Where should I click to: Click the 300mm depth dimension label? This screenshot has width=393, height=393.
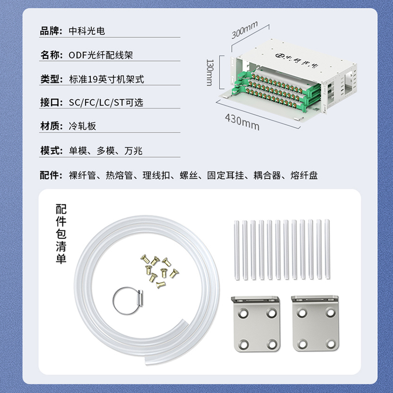(244, 30)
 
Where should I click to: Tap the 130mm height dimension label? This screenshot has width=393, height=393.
(210, 73)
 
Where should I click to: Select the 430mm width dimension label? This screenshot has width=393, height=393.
(242, 122)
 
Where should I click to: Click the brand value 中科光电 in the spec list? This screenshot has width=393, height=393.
(87, 31)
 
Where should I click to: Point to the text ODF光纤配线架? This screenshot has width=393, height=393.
(101, 55)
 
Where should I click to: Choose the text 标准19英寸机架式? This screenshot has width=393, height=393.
(107, 79)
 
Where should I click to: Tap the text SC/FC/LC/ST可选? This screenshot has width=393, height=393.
(106, 103)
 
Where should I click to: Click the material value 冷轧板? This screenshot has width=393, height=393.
(83, 126)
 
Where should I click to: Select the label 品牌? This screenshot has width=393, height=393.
(51, 31)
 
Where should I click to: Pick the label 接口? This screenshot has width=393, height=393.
(52, 103)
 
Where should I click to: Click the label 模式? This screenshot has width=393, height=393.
(52, 151)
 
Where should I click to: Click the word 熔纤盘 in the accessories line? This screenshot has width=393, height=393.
(304, 175)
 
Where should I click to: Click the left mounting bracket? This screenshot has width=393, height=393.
(256, 324)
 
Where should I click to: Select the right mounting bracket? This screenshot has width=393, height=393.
(315, 323)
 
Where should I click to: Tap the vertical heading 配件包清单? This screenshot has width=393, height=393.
(61, 234)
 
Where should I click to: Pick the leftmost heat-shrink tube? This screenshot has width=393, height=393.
(236, 250)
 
